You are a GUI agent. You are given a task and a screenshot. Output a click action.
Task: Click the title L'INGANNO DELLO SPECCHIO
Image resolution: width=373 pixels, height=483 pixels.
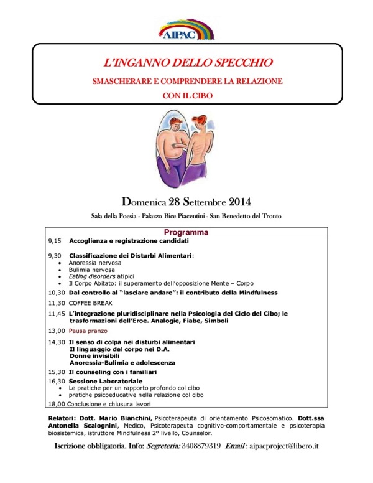[186, 63]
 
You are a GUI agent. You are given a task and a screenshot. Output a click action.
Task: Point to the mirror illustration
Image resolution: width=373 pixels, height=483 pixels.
[186, 149]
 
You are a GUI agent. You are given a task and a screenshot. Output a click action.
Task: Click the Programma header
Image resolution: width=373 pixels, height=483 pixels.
[186, 232]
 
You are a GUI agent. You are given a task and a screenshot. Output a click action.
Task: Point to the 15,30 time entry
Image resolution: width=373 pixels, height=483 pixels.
[57, 371]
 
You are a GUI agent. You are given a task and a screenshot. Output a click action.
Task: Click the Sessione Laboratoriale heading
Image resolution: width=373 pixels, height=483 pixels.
[106, 380]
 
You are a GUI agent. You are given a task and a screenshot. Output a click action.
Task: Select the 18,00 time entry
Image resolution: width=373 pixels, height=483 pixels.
[57, 403]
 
